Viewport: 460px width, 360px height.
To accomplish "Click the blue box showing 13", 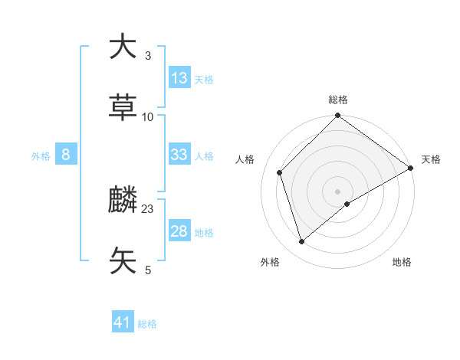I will pos(179,78).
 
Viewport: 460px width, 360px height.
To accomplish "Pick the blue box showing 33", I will pos(179,155).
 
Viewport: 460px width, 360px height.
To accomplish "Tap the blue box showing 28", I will pos(179,231).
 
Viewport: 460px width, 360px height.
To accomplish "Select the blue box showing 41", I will pos(123,322).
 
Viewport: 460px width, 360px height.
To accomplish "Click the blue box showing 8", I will pos(66,155).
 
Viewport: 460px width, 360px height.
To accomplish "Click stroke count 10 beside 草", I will pos(148,116).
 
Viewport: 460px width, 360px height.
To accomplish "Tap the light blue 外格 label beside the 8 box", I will pos(41,155).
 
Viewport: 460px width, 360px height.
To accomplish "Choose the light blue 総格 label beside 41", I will pos(147,324).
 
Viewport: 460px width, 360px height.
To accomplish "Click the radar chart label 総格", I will pos(338,100).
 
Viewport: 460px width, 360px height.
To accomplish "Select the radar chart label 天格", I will pos(431,159).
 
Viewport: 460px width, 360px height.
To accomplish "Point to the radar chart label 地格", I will pos(402,262).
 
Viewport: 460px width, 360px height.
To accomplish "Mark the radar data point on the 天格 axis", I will pos(411,169).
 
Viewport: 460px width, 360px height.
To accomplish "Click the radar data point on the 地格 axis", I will pos(347,204).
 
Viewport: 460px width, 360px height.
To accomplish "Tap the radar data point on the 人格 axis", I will pos(280,172).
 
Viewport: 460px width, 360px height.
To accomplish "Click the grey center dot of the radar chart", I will pos(338,191).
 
